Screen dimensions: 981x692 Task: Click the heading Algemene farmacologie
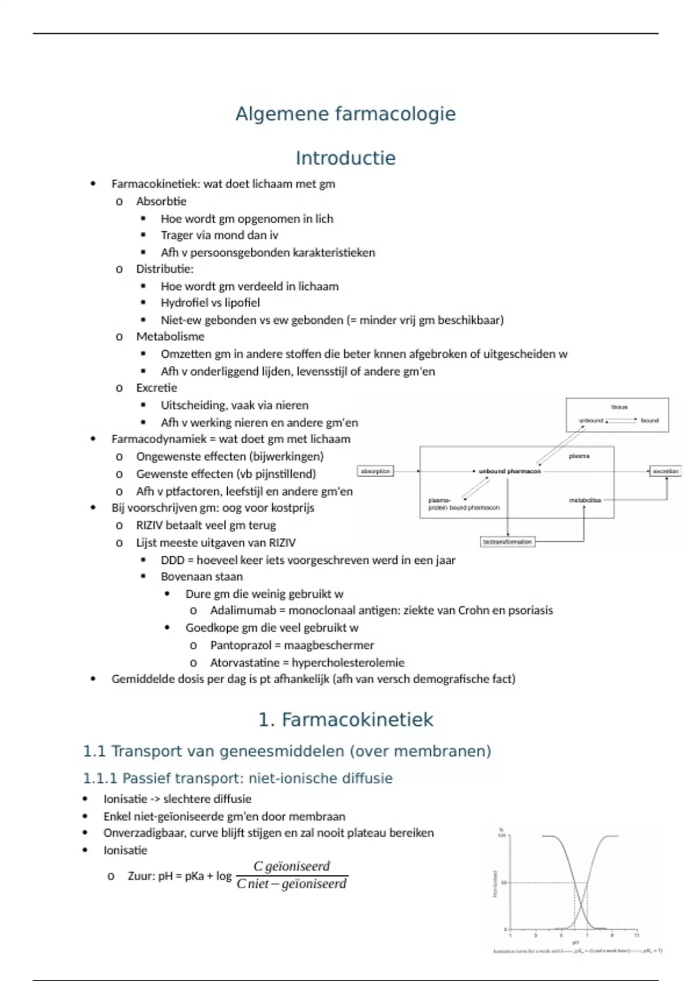345,114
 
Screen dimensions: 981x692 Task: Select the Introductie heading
345,158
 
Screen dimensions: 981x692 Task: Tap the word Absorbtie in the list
161,201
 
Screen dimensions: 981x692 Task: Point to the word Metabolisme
170,336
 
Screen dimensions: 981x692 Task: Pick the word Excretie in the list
156,388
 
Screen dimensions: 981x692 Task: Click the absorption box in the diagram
375,471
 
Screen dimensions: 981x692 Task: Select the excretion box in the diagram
665,471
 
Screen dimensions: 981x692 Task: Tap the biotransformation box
507,542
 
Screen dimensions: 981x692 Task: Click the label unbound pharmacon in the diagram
510,471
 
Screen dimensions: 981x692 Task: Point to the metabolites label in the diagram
585,500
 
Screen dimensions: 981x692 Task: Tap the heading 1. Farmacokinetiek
345,720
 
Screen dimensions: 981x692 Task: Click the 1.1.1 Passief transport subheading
238,778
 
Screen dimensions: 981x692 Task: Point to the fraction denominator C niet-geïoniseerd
292,884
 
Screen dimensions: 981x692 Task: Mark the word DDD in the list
172,560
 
